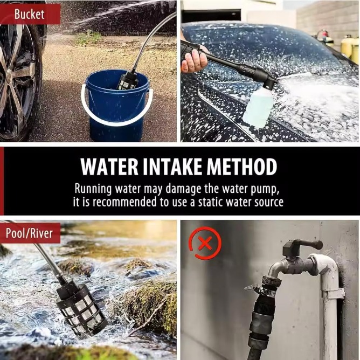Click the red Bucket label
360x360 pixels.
point(30,14)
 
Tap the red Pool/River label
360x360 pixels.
point(30,233)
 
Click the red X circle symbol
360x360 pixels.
point(205,243)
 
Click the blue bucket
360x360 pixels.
point(117,108)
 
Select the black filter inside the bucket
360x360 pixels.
point(127,80)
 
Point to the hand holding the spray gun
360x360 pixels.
point(193,61)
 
